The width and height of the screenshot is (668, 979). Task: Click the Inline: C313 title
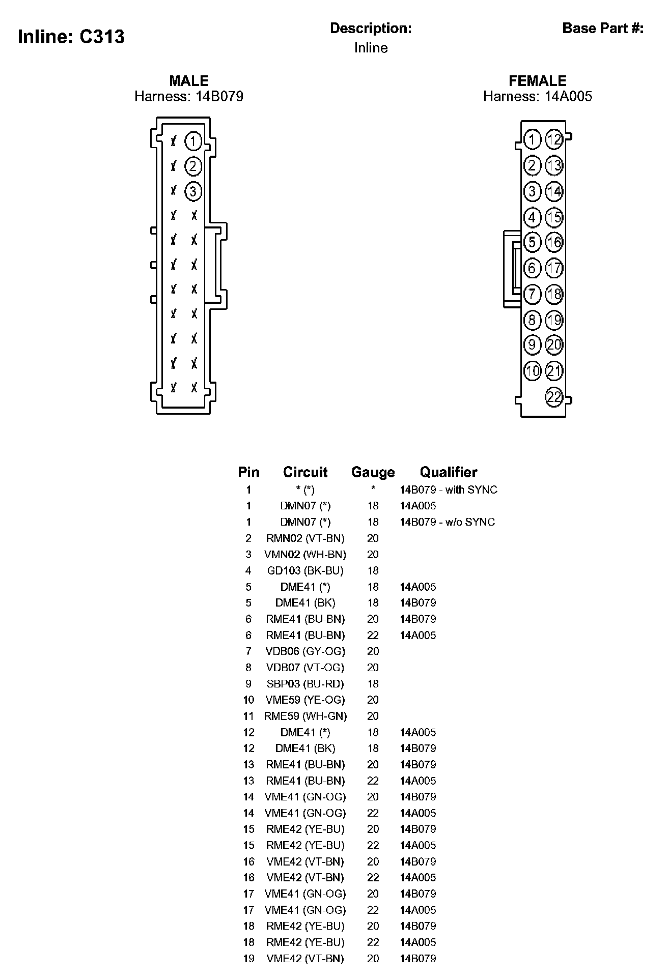(x=71, y=37)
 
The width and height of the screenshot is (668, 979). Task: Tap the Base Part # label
(x=603, y=28)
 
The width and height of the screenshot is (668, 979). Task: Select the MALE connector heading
(x=189, y=81)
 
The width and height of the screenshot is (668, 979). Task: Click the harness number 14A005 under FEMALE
(x=568, y=97)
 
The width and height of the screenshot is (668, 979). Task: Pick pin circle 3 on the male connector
(x=193, y=191)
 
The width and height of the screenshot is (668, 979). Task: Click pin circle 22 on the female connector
(x=554, y=396)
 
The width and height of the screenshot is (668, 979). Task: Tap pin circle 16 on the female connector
(x=554, y=242)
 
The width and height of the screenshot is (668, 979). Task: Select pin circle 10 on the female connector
(x=533, y=370)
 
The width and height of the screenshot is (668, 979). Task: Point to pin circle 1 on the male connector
(x=193, y=141)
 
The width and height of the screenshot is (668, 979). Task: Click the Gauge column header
(x=373, y=472)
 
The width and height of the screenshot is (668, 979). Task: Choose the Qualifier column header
(x=449, y=472)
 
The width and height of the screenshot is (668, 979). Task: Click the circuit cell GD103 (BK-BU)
(x=305, y=570)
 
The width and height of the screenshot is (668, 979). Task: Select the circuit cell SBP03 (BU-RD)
(x=305, y=684)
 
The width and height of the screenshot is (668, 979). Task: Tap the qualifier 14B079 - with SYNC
(x=448, y=489)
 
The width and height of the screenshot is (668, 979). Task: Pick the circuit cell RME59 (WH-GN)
(x=305, y=716)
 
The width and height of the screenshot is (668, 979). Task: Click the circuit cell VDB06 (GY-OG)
(x=305, y=651)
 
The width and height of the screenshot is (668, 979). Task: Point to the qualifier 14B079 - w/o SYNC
(x=447, y=522)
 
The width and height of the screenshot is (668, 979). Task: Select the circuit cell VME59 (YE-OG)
(x=305, y=700)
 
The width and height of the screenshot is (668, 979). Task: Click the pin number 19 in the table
(x=248, y=959)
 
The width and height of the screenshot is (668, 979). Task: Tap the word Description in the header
(x=371, y=28)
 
